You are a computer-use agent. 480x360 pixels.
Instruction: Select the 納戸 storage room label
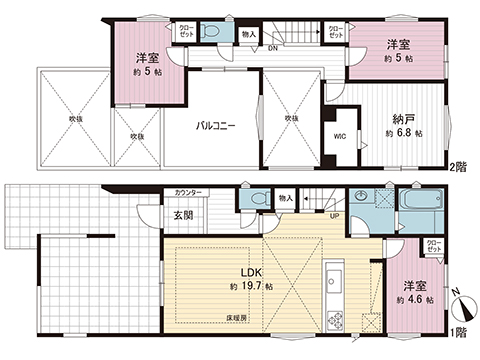(x=405, y=117)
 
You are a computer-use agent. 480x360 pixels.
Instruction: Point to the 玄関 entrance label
(x=182, y=214)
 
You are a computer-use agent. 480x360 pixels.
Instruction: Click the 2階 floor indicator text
(x=456, y=169)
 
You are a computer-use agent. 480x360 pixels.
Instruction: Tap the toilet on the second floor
(x=209, y=31)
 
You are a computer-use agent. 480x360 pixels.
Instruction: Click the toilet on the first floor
(x=259, y=199)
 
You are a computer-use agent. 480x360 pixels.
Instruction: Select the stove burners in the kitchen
(x=335, y=319)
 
